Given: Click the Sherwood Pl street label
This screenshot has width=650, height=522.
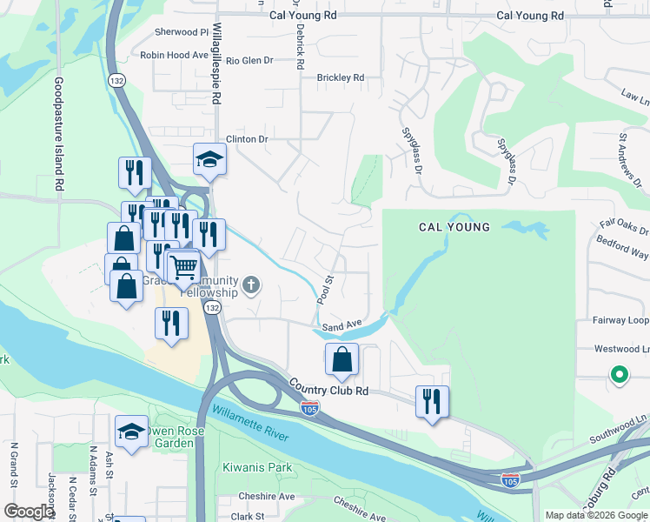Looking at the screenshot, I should pos(182,32).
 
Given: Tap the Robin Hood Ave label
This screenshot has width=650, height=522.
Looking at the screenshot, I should pos(176,55).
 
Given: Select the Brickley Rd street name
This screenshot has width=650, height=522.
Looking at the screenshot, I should pos(340,77).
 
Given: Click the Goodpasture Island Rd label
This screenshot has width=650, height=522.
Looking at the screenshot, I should pos(59,135).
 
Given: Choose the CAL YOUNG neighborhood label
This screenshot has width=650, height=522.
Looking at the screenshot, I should pos(454,227).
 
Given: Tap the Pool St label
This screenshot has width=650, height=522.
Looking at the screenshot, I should pos(325,290).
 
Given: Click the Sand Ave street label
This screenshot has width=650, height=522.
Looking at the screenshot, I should pos(342,327).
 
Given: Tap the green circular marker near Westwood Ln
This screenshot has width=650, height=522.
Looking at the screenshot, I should pos(619,375).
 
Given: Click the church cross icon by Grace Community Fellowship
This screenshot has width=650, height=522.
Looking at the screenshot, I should pos(251,284).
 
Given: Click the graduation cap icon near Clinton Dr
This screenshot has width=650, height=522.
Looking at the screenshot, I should pos(209,159).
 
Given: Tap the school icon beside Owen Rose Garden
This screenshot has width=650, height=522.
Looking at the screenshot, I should pos(131,431).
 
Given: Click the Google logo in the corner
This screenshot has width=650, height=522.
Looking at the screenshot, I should pos(29,512).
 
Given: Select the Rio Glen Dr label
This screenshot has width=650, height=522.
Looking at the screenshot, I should pos(249,61).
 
